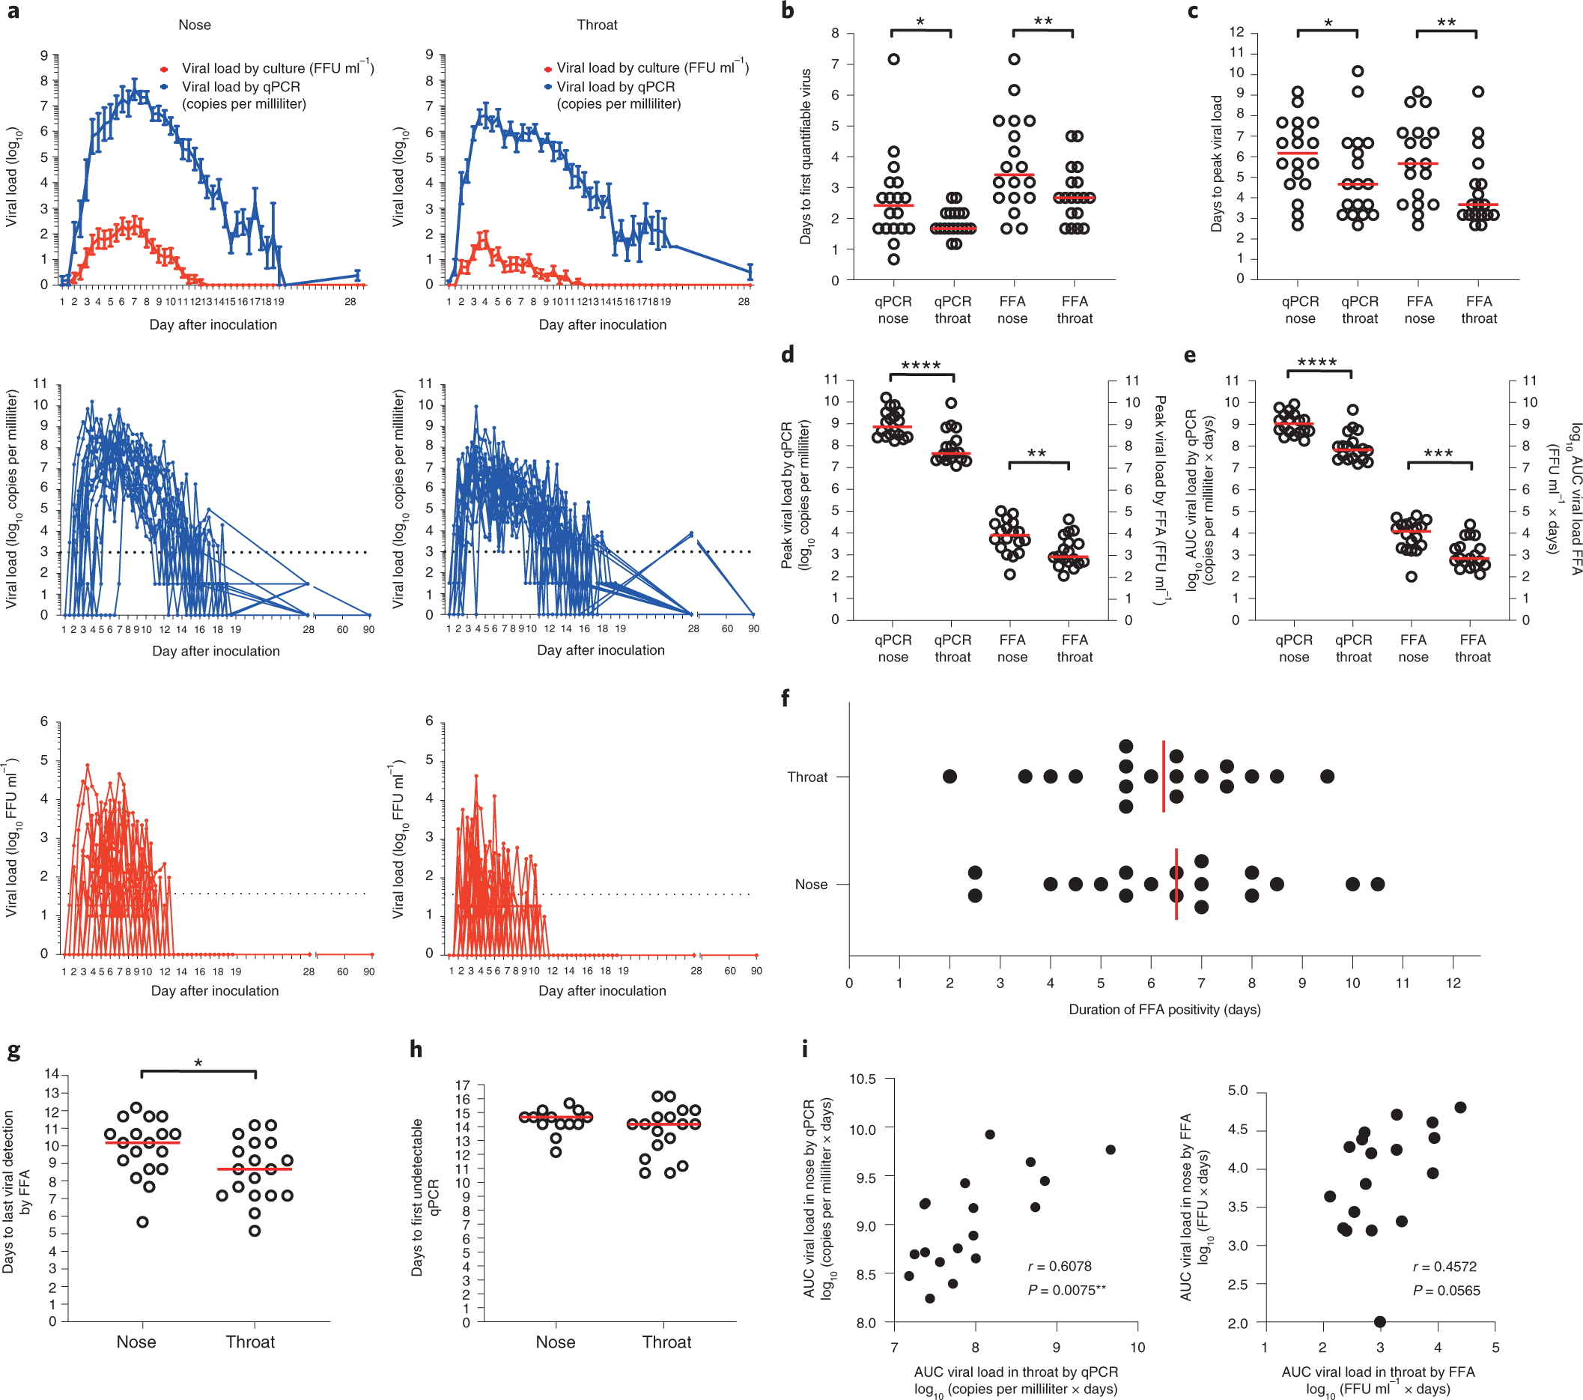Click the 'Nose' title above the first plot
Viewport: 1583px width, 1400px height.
(195, 25)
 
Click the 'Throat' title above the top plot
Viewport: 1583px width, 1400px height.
(597, 25)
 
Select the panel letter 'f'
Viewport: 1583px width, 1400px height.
(786, 697)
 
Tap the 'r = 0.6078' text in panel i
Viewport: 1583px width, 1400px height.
(1060, 1266)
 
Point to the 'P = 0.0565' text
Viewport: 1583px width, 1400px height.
(1446, 1291)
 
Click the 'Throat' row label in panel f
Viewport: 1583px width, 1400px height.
(807, 777)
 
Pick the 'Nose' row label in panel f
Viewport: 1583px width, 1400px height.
(811, 884)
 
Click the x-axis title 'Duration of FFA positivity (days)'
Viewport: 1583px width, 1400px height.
(1164, 1010)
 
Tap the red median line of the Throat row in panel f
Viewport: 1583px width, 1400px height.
(1163, 776)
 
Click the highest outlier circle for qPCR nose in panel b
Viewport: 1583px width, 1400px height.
(894, 60)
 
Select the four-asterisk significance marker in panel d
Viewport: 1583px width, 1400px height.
(921, 365)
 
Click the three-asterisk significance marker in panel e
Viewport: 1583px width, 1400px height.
(1438, 453)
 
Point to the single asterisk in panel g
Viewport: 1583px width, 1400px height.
(198, 1063)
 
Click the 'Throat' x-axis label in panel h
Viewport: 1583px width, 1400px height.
(666, 1342)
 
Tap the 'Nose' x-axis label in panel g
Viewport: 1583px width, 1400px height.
(136, 1342)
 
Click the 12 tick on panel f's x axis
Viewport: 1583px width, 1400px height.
(1453, 984)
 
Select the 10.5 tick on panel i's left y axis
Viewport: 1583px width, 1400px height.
(862, 1079)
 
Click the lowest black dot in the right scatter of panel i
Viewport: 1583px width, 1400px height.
(1379, 1322)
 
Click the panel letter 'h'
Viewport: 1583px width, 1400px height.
(416, 1049)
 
